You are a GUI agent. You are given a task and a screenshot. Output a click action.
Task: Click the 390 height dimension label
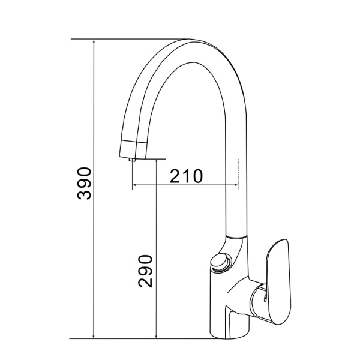pos(84,184)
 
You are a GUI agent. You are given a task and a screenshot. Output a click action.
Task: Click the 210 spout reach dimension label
pos(186,176)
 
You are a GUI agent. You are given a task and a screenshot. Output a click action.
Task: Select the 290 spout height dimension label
pos(145,271)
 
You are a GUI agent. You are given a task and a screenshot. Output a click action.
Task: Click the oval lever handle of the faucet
pos(279,282)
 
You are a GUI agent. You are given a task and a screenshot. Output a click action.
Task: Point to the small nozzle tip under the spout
pos(132,160)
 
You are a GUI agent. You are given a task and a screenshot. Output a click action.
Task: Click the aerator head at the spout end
pos(133,149)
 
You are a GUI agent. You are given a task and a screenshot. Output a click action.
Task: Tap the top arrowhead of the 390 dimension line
pos(94,41)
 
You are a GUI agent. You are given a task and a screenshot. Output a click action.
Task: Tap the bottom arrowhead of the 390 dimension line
pos(94,336)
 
